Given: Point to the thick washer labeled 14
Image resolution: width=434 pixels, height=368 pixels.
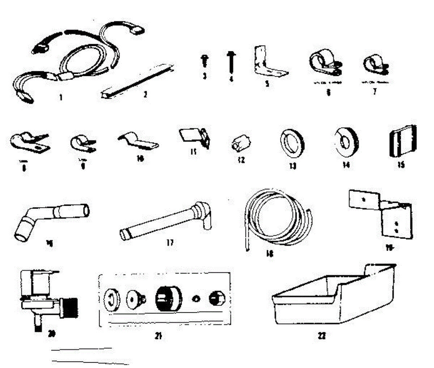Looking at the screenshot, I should (346, 142).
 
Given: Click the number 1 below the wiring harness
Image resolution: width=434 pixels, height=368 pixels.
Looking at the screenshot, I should (61, 98).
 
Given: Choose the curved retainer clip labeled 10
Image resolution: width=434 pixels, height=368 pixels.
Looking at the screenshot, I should (139, 142).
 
